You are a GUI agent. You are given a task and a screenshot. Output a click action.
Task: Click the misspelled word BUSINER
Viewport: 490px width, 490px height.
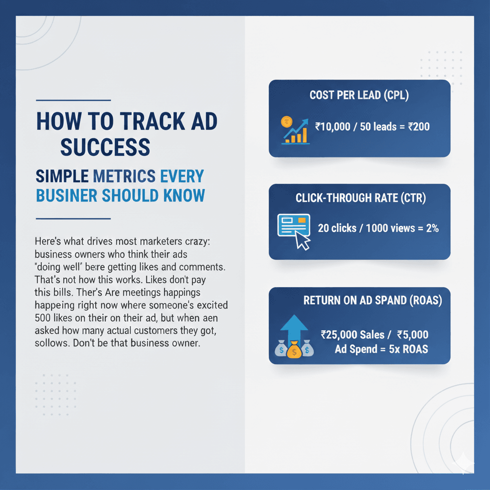pos(70,195)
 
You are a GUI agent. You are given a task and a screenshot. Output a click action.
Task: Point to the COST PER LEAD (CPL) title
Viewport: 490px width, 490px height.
pos(359,95)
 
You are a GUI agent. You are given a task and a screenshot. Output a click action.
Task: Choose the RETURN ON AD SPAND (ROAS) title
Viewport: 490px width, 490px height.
pos(372,301)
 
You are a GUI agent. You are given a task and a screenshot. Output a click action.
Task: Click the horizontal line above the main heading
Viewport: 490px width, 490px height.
pos(73,100)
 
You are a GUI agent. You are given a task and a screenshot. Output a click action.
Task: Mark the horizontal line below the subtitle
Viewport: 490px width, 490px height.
pos(73,219)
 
